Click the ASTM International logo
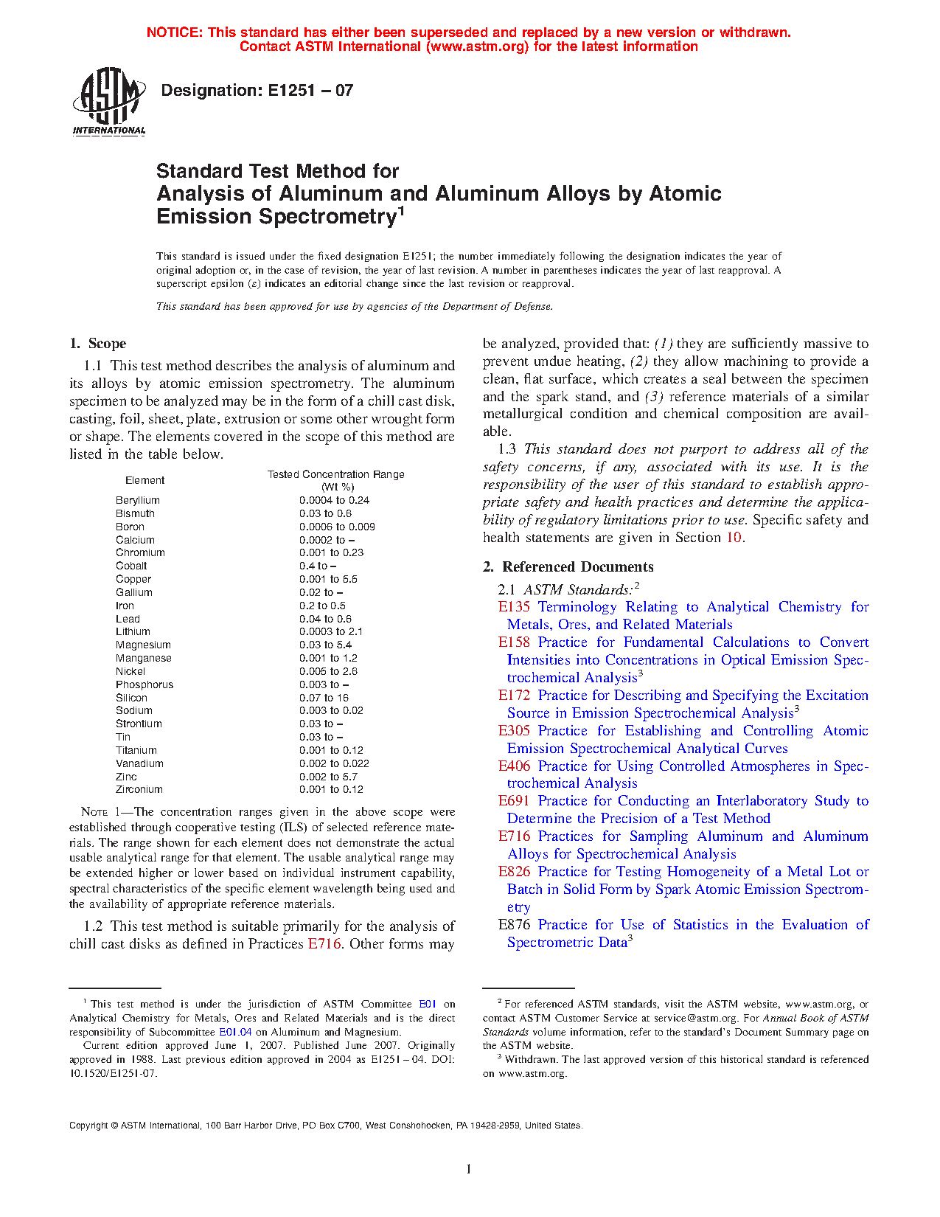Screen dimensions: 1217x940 point(109,102)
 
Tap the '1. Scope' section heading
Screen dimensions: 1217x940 point(98,344)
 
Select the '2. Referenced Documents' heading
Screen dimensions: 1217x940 point(568,567)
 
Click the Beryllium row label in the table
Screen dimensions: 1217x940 point(138,500)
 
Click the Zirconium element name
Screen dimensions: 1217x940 point(139,789)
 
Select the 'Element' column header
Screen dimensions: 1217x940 point(145,480)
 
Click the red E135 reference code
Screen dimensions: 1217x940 point(514,607)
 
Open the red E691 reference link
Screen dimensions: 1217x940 point(514,801)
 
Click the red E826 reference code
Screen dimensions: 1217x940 point(514,872)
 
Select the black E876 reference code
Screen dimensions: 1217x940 point(514,925)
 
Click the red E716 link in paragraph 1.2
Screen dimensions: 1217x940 point(324,944)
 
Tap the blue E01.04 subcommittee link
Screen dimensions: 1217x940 point(235,1032)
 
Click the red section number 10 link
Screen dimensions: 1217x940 point(734,538)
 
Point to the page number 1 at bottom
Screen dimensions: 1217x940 point(469,1168)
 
